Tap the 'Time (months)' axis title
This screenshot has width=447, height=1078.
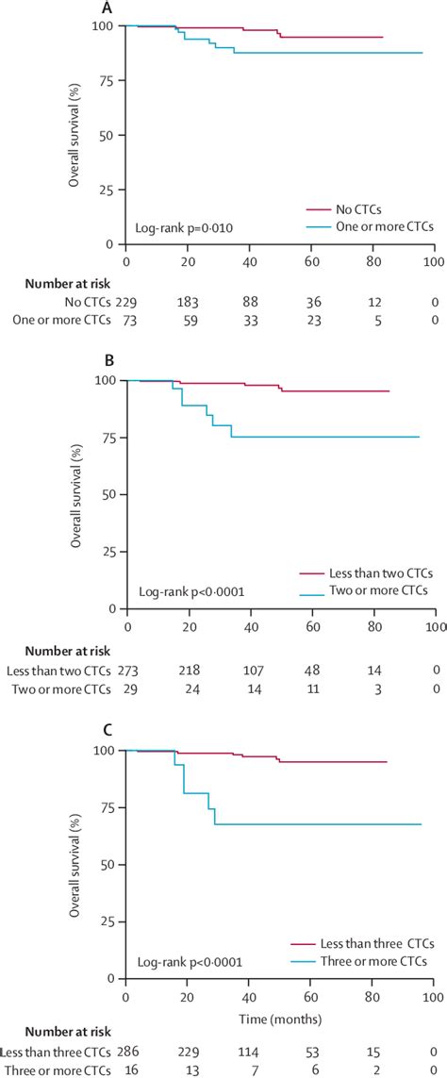279,1020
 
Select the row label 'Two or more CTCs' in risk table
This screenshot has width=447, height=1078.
59,690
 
